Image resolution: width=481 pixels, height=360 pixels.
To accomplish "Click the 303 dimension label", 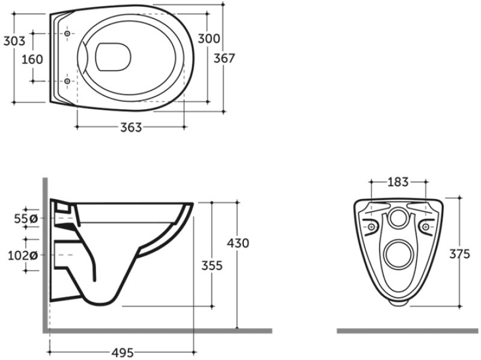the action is (x=14, y=41).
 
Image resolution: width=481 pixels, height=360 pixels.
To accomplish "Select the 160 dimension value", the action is (x=32, y=59).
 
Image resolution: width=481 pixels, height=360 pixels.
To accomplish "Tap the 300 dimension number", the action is (x=209, y=38).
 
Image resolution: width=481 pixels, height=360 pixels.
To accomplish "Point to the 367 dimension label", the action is (x=224, y=58).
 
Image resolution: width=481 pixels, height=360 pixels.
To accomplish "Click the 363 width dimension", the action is (x=131, y=127).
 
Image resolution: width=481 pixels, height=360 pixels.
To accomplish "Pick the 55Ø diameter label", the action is (x=26, y=218).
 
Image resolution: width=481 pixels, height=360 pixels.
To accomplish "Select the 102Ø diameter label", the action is (x=23, y=255).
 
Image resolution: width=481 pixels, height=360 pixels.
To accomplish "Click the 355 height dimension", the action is (x=211, y=265).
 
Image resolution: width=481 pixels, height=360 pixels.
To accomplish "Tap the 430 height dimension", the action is (x=238, y=243).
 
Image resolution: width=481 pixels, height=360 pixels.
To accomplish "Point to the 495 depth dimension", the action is (x=123, y=353).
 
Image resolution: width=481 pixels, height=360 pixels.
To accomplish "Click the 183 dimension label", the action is (x=398, y=182).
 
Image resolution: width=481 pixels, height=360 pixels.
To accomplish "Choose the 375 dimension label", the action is (x=459, y=254).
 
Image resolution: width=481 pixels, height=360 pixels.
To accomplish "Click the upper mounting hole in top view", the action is (x=67, y=34).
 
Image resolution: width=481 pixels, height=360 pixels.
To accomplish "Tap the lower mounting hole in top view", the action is (x=67, y=81).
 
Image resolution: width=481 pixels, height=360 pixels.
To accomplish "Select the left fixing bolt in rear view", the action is (x=371, y=227).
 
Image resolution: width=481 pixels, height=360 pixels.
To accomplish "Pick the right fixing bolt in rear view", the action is (x=426, y=227).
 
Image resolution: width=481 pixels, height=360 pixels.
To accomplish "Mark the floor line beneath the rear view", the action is (x=408, y=331).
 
